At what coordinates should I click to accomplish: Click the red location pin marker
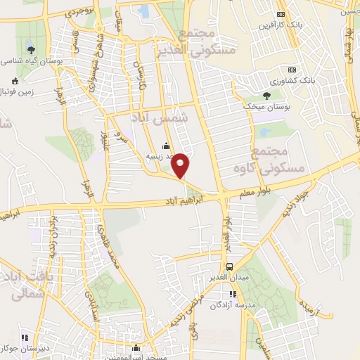click(181, 165)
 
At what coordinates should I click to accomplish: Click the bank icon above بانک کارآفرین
click(281, 14)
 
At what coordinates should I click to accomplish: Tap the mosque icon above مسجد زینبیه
click(166, 146)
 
